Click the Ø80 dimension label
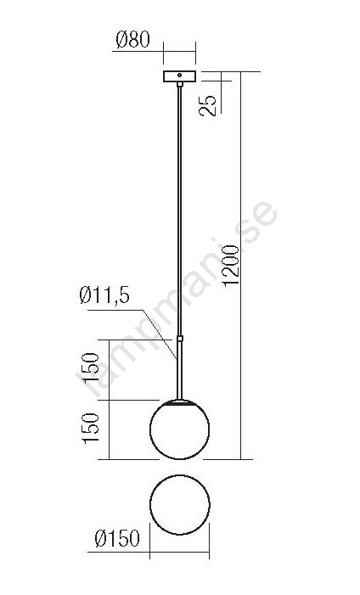133,40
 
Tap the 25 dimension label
208,105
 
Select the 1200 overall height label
231,266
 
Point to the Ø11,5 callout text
104,295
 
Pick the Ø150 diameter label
117,538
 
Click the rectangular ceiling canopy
180,76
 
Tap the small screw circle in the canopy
180,76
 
